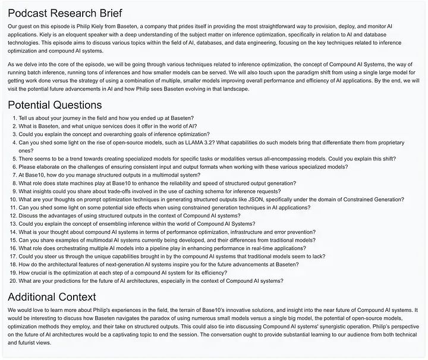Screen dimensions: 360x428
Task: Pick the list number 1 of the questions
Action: click(x=14, y=118)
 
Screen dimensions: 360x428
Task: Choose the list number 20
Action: click(x=12, y=281)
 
